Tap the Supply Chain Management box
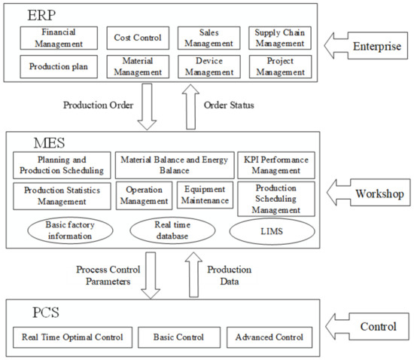(x=279, y=37)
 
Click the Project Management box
(x=279, y=66)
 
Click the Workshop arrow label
(x=376, y=194)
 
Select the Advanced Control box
(x=269, y=337)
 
